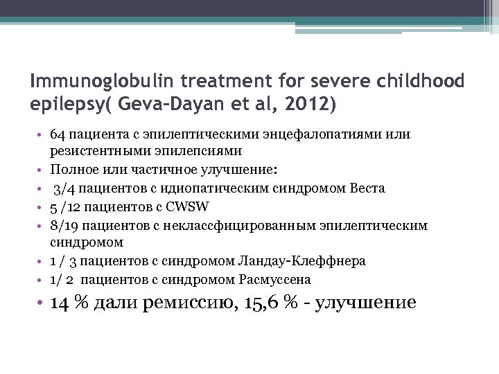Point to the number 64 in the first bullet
[x=58, y=132]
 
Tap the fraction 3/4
[x=63, y=188]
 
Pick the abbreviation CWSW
[x=190, y=206]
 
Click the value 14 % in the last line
[x=67, y=303]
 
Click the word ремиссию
[x=186, y=303]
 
